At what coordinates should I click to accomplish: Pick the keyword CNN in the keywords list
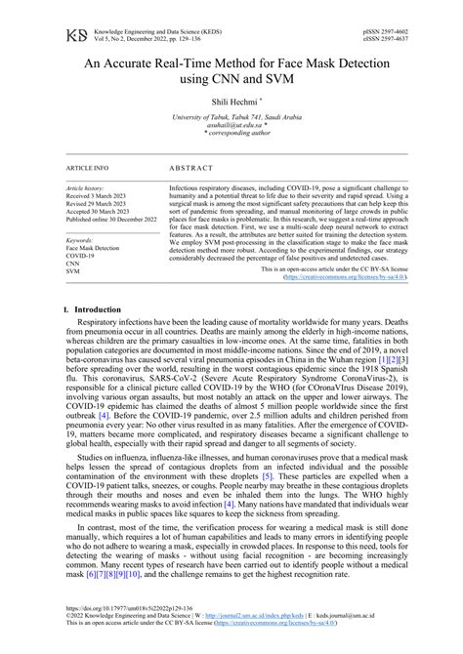tap(73, 263)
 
